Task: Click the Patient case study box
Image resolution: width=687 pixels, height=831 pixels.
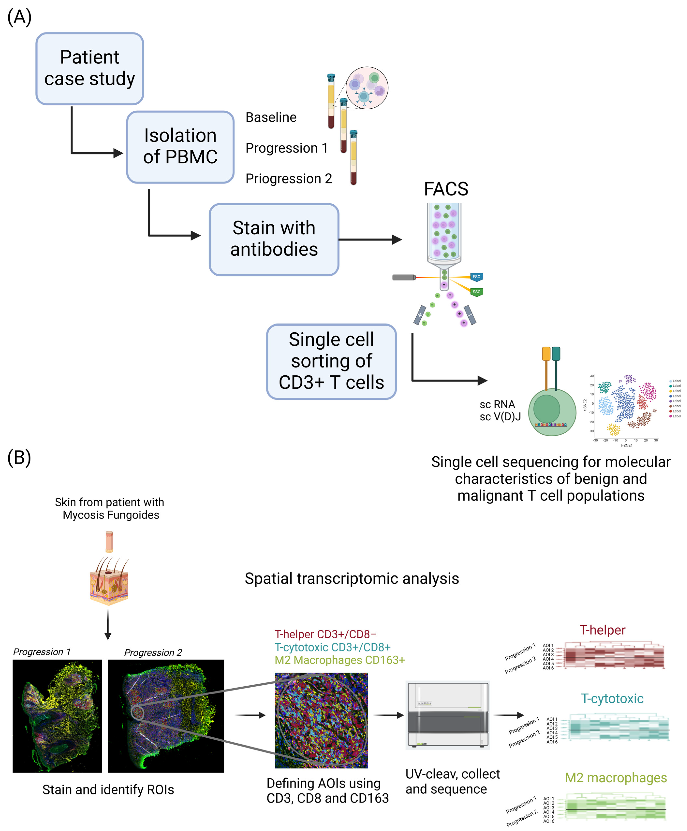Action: tap(89, 68)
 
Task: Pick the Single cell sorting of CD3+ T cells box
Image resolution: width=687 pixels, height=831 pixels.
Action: tap(331, 361)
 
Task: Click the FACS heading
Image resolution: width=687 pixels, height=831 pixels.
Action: tap(446, 189)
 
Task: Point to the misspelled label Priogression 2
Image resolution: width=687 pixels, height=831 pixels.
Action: tap(288, 179)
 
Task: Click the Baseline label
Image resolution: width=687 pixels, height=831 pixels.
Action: tap(271, 117)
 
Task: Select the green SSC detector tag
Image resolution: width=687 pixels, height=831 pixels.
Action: tap(476, 292)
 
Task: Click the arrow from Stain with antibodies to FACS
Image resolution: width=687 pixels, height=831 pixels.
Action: tap(370, 239)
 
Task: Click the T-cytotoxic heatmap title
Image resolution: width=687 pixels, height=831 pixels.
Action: tap(612, 698)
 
